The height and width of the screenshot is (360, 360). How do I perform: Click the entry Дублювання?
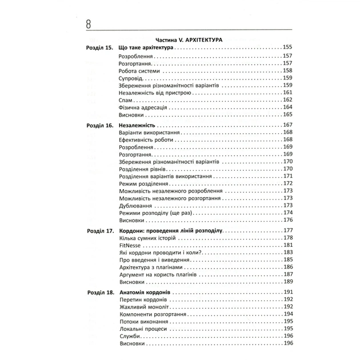(135, 205)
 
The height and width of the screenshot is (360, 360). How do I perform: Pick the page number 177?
(287, 230)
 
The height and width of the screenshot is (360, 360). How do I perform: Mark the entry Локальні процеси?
(143, 329)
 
